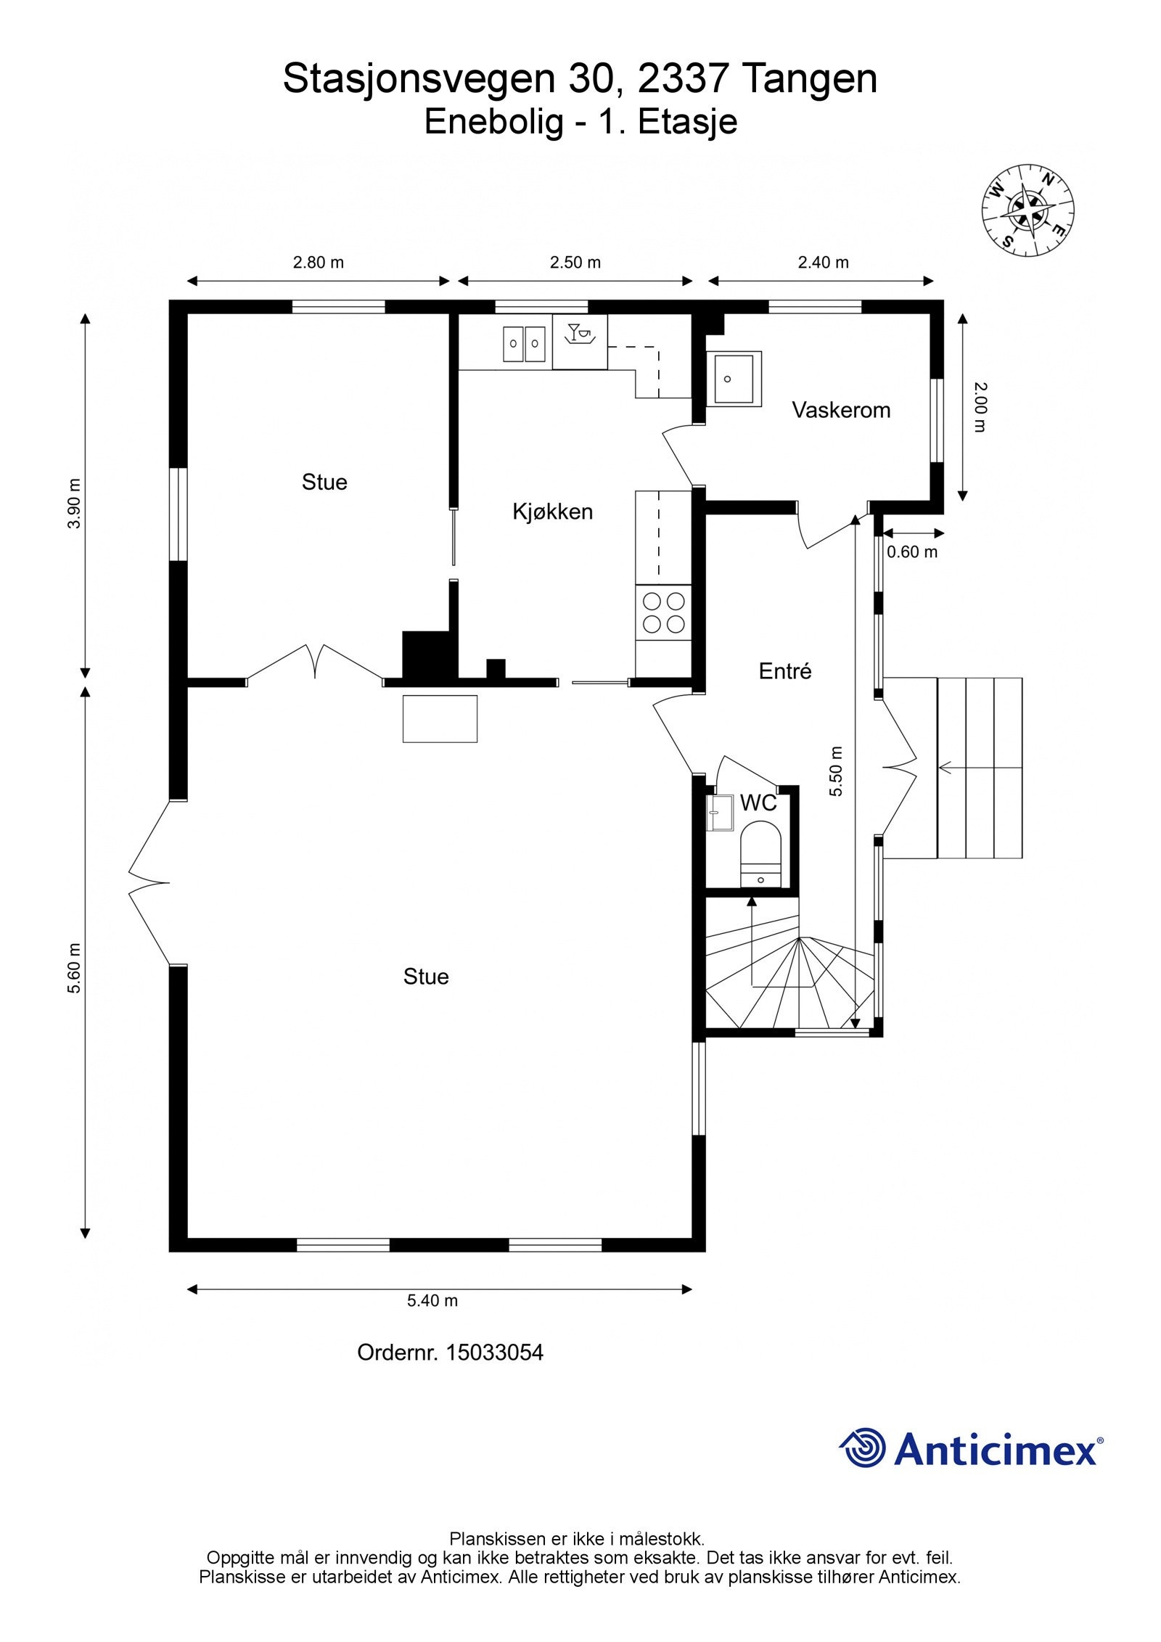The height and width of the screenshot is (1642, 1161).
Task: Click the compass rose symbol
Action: point(1027,210)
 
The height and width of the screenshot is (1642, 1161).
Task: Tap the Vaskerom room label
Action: point(841,410)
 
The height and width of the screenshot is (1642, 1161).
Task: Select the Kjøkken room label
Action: point(552,512)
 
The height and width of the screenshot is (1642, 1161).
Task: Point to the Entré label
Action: point(785,671)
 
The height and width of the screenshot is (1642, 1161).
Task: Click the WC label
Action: point(758,802)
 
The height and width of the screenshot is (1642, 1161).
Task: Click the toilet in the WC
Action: point(760,854)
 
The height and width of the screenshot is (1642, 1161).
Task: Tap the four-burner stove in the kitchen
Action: point(663,613)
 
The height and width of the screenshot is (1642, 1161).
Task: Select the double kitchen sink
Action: point(525,344)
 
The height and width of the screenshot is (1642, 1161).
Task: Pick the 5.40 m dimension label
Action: point(432,1301)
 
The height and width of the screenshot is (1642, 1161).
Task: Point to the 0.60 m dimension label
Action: point(912,552)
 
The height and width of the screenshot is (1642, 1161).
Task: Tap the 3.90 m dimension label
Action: point(75,504)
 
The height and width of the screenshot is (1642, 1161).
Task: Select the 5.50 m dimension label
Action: point(837,771)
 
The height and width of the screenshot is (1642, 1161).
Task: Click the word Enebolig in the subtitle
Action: point(493,122)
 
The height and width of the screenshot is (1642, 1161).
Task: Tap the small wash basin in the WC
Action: point(720,813)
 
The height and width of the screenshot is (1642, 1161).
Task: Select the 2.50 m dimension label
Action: point(575,263)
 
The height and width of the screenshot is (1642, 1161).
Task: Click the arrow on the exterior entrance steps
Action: point(980,767)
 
